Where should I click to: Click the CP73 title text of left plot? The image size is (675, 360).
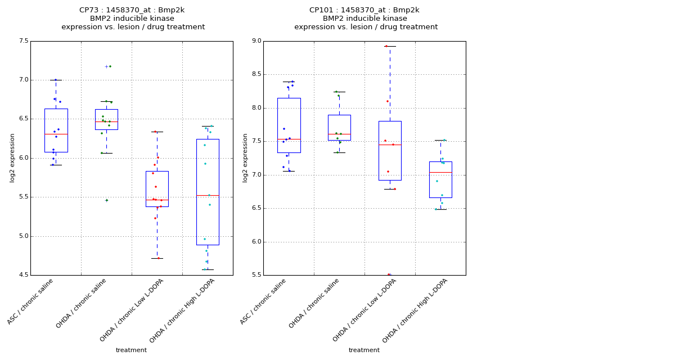133,10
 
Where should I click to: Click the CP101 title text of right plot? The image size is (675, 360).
364,10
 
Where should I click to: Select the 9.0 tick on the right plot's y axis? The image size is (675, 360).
256,41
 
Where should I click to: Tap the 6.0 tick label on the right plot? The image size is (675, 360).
256,242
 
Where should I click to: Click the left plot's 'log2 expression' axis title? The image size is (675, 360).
12,157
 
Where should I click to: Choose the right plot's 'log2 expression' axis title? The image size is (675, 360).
245,157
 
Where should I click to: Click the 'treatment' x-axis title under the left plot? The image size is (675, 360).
131,350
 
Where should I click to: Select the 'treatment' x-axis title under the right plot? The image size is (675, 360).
364,350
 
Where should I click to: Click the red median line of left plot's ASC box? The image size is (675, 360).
56,134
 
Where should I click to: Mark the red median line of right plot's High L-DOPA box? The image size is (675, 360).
440,172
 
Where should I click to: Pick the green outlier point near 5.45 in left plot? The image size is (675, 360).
107,200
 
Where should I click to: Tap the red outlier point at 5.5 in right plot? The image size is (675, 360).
389,274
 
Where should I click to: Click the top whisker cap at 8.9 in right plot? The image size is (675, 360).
390,46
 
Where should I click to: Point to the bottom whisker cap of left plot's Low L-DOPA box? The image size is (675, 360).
157,258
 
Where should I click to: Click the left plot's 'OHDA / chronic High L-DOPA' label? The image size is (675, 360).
183,310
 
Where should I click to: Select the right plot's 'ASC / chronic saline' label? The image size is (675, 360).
264,301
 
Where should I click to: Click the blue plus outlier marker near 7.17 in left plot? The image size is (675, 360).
106,66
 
